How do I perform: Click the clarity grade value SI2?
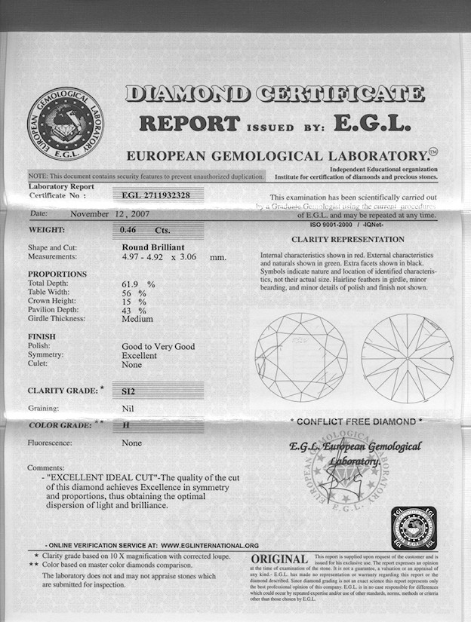(x=130, y=391)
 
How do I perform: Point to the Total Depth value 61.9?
(x=133, y=283)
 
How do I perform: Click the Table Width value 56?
(x=128, y=293)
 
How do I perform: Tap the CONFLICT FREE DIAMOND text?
(x=356, y=421)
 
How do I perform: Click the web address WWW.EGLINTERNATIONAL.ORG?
(x=210, y=545)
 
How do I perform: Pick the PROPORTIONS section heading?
(x=57, y=274)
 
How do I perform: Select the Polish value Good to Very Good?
(x=158, y=346)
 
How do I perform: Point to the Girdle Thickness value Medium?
(x=137, y=319)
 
